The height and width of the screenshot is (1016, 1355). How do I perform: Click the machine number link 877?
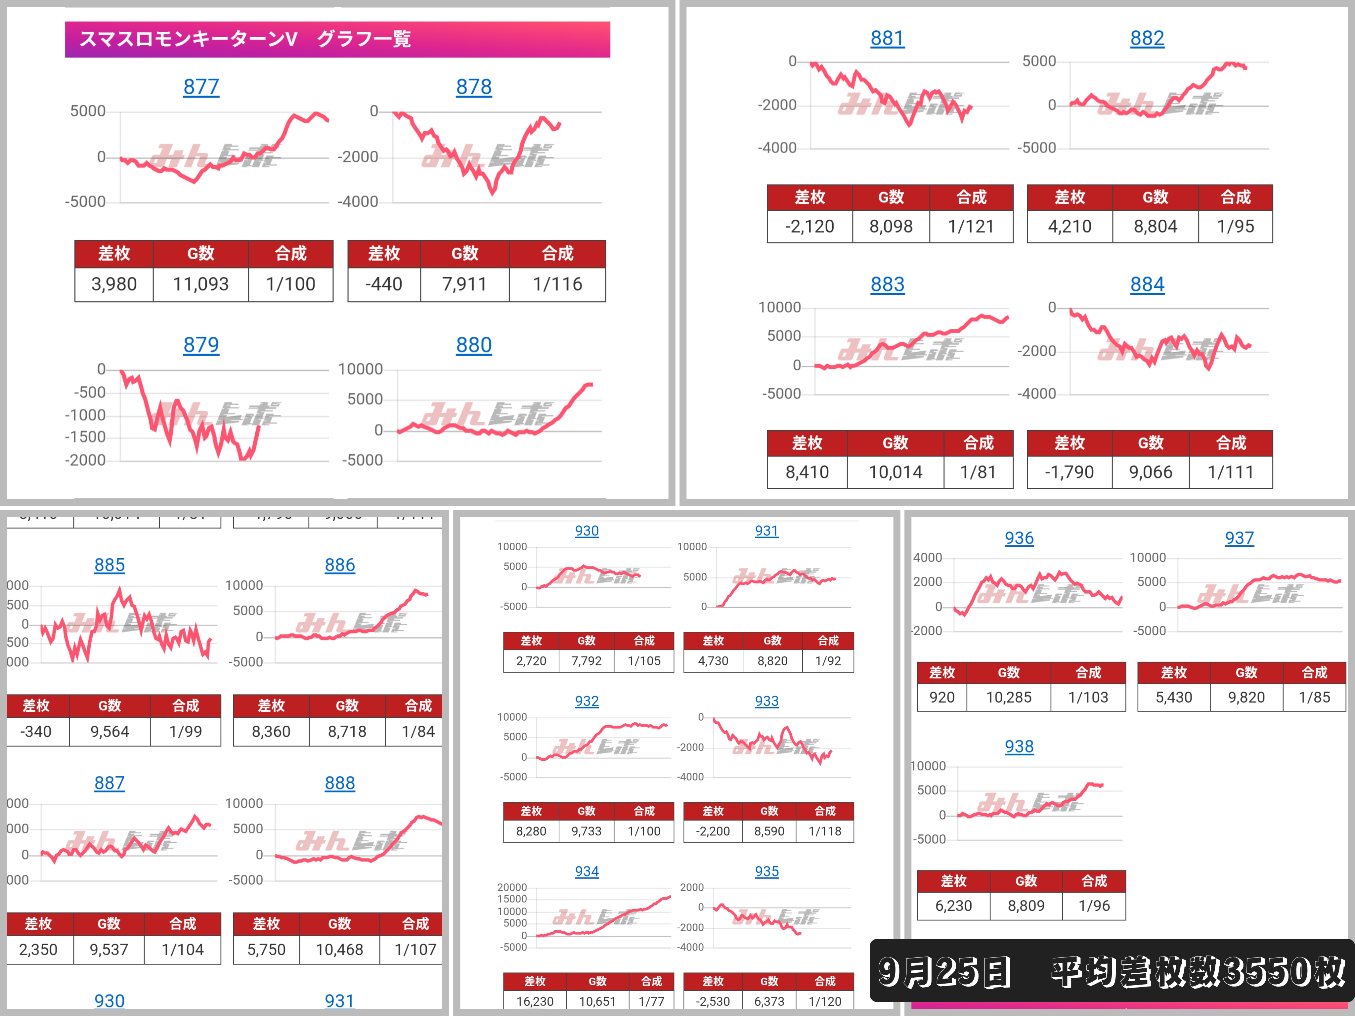201,87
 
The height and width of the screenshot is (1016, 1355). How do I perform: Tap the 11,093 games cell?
200,284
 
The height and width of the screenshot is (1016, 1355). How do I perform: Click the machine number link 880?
473,345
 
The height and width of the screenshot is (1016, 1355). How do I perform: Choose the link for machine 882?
1147,39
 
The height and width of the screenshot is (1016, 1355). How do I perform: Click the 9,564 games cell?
109,732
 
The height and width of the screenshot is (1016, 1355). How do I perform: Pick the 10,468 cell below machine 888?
339,950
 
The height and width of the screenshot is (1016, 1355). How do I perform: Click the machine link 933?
766,701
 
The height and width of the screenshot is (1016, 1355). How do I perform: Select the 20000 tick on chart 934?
512,887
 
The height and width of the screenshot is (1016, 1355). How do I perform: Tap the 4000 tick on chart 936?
928,558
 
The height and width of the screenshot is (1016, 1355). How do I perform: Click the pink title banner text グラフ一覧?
364,39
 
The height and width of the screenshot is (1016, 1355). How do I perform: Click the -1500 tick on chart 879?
86,437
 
